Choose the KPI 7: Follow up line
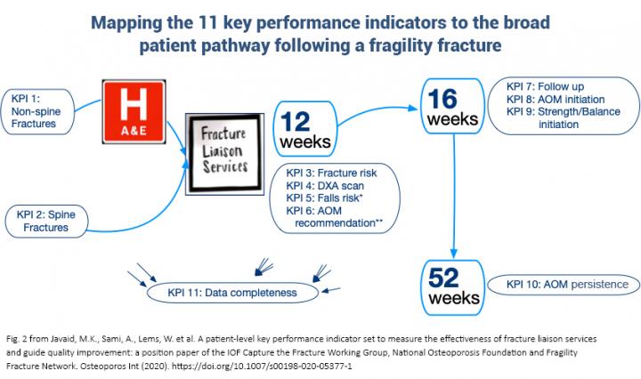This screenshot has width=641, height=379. [x=544, y=86]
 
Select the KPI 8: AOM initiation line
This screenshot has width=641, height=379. [x=553, y=99]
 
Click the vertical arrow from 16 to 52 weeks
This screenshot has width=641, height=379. [x=454, y=201]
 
